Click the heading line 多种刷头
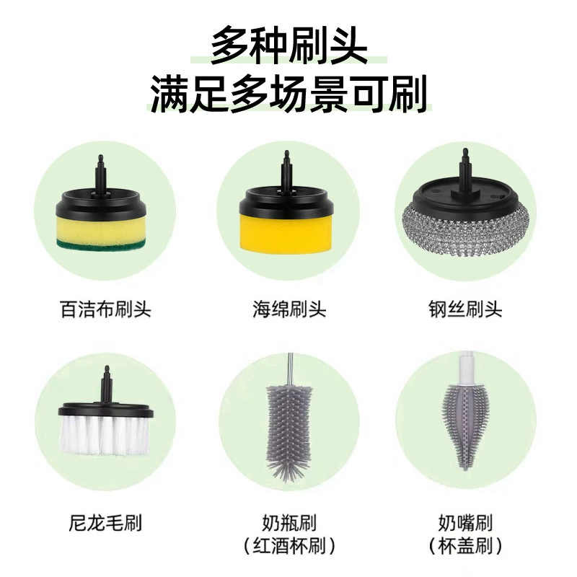(289, 45)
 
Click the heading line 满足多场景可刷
(289, 94)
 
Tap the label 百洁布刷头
(105, 309)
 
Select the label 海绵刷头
(289, 309)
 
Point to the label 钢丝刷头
(465, 309)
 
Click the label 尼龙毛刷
(105, 522)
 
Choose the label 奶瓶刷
(289, 522)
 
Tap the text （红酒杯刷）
(289, 546)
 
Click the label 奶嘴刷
(465, 522)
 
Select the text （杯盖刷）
(465, 546)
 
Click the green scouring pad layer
(101, 244)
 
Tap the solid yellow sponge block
(286, 232)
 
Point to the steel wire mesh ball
(465, 232)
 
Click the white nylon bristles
(104, 434)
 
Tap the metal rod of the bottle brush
(291, 369)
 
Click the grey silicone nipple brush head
(464, 427)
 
